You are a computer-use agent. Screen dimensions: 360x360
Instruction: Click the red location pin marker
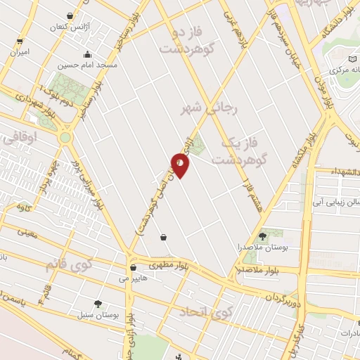(x=181, y=165)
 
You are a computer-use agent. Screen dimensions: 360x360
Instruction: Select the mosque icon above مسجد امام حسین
(x=87, y=54)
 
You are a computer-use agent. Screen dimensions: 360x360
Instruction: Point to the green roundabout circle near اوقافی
(x=67, y=137)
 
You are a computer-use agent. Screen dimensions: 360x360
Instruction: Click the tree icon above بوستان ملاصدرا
(x=263, y=236)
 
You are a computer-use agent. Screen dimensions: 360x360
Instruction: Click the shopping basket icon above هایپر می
(x=133, y=267)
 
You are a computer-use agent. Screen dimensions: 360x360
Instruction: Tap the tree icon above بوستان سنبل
(x=97, y=303)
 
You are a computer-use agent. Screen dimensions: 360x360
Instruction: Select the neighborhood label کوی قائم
(x=70, y=266)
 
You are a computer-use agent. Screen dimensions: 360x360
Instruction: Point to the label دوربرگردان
(x=281, y=296)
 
